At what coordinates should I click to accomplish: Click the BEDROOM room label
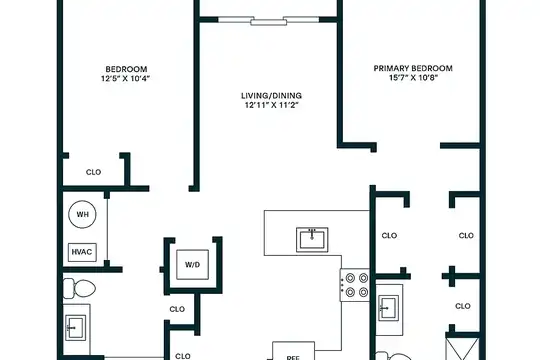126,69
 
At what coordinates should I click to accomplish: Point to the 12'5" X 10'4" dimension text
126,79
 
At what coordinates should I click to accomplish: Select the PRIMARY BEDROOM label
413,68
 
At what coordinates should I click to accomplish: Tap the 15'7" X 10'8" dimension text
413,78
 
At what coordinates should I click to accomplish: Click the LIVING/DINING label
271,95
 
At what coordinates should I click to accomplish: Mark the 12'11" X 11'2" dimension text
271,105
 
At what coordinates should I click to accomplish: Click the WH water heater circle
82,214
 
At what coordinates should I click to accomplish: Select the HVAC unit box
82,252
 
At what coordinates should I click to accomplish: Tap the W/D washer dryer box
192,265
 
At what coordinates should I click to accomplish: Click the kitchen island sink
312,239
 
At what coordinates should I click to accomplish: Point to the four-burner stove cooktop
355,285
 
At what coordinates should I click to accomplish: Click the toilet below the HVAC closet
79,288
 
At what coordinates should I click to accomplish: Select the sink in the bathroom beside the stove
388,308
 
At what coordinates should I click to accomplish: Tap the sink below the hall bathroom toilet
75,328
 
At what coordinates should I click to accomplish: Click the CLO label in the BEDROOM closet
93,172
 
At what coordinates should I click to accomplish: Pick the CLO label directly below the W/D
177,309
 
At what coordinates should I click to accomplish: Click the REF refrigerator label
293,358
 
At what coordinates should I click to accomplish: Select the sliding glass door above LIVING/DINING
269,21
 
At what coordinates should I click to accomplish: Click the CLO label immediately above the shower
463,306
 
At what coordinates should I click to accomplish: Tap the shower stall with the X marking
462,349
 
